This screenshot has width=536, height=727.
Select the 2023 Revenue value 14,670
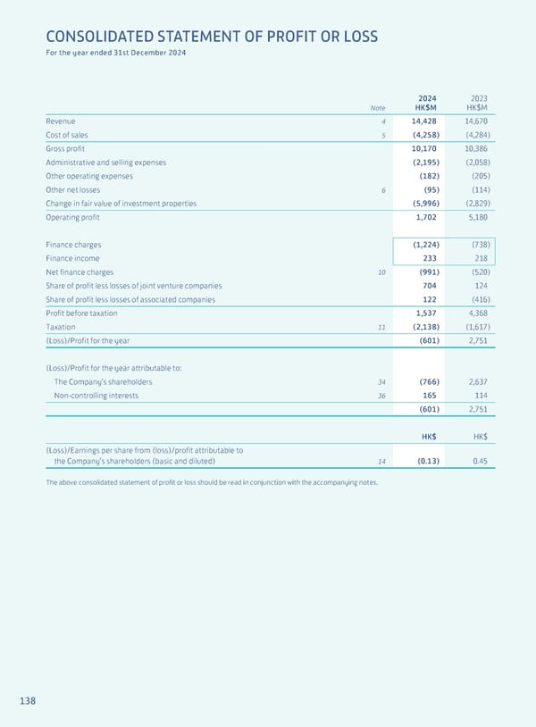476,121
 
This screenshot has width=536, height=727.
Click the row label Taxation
61,327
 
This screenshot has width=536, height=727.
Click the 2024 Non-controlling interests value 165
428,396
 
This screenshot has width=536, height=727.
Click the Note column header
379,108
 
